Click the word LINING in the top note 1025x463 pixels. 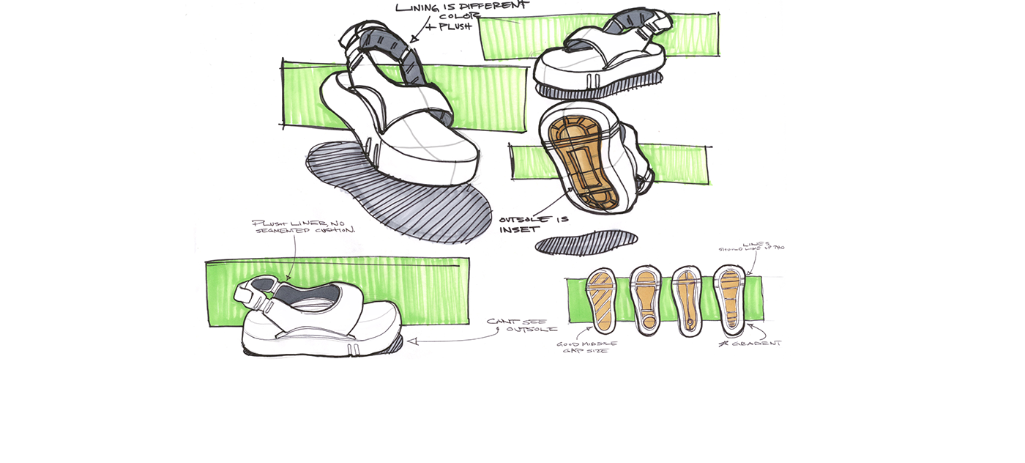click(x=418, y=7)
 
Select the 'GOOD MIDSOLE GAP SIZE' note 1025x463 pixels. click(x=586, y=347)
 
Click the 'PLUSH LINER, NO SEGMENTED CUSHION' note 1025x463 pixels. click(x=303, y=226)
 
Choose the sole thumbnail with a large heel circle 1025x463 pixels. click(x=646, y=301)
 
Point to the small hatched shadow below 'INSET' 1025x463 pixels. click(x=586, y=242)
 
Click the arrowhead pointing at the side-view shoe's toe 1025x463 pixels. click(x=412, y=341)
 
